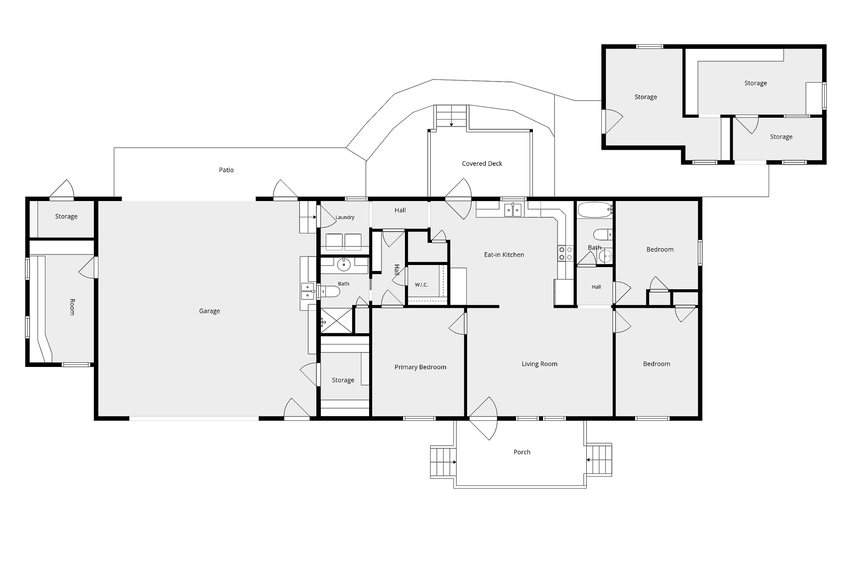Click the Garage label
coord(209,311)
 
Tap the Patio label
coord(226,170)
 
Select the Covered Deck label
coord(482,163)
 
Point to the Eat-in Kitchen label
coord(504,255)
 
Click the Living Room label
coord(540,364)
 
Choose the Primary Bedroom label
coord(420,367)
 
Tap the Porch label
coord(522,452)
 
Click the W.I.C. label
coord(421,285)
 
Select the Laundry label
coord(344,217)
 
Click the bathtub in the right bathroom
coord(594,210)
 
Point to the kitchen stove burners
coord(565,253)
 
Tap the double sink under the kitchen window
coord(513,210)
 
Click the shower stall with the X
coord(336,321)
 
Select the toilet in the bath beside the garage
coord(329,291)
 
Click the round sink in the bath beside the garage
coord(344,265)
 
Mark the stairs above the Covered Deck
coord(451,116)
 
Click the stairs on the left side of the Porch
coord(443,462)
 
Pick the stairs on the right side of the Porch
coord(599,460)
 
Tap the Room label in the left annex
coord(72,307)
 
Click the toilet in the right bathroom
coord(603,235)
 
